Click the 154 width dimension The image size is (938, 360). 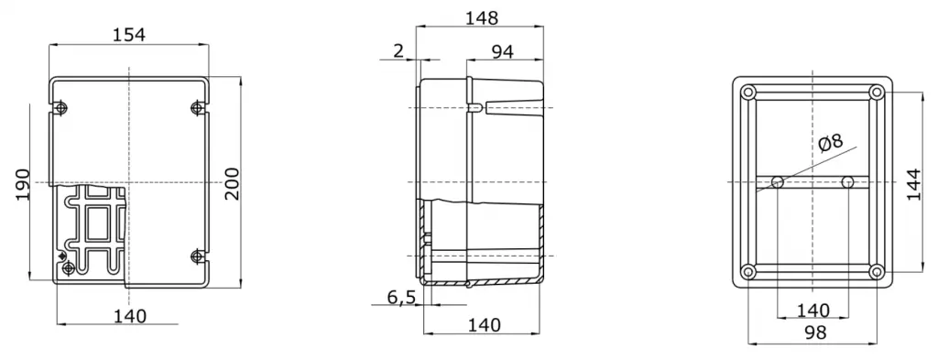tap(129, 35)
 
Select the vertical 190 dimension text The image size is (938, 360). tap(23, 185)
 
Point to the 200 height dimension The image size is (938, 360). tap(232, 183)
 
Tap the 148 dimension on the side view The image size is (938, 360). tap(482, 18)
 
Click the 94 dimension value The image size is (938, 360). tap(503, 52)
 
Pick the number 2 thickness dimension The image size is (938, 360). tap(398, 50)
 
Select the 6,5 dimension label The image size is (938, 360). tap(402, 297)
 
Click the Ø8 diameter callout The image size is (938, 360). tap(830, 142)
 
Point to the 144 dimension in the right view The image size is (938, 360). tap(914, 183)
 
